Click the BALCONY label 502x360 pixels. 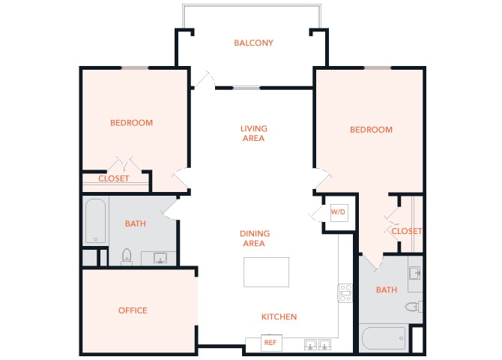click(253, 43)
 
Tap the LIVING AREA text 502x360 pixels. click(253, 133)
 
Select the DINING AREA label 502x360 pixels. click(255, 238)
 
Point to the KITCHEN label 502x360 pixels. click(279, 316)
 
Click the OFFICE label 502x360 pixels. click(133, 310)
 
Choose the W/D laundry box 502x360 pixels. click(338, 212)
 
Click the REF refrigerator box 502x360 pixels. click(270, 343)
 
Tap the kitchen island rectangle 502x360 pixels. click(267, 272)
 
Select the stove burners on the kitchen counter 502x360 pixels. click(345, 292)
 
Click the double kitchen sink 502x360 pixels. click(318, 345)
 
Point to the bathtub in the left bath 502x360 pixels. click(94, 220)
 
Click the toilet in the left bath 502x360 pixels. click(127, 257)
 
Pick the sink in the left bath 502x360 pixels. click(160, 259)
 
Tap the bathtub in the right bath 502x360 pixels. click(383, 338)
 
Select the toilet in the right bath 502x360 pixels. click(413, 306)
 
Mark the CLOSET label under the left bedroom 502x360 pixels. click(114, 178)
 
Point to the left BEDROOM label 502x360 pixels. click(131, 123)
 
